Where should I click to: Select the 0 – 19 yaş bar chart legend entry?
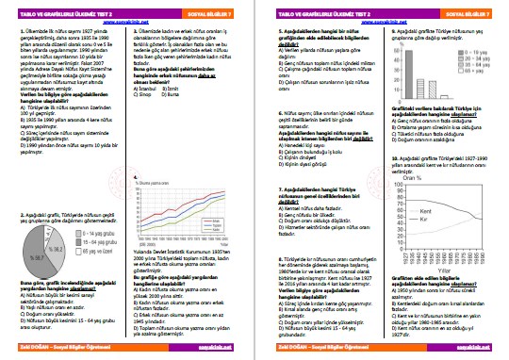tap(479, 43)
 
